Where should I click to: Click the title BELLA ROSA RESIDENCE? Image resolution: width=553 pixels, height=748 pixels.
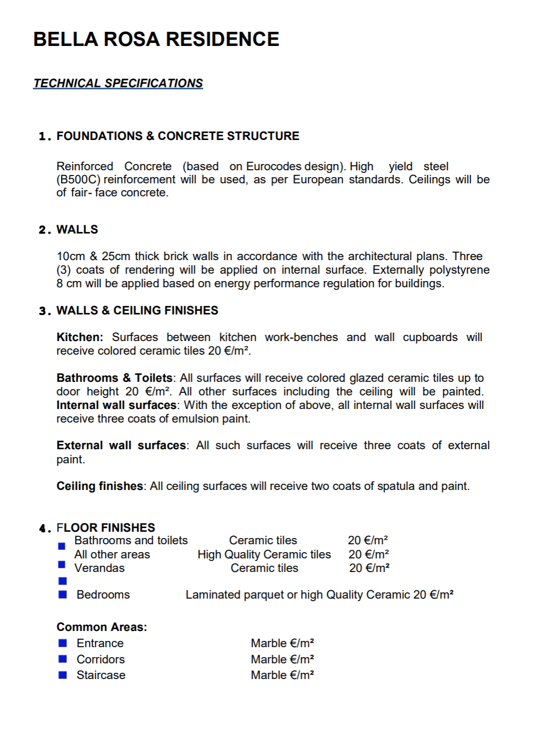[156, 40]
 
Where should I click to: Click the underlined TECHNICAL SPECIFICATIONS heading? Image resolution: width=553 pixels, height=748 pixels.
[118, 84]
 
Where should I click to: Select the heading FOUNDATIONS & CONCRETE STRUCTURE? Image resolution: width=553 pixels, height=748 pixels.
[177, 136]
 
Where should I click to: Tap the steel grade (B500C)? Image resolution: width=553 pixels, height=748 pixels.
[78, 180]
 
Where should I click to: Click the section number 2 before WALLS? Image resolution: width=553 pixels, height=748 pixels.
[43, 230]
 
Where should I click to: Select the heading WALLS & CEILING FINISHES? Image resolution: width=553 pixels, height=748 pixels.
[137, 311]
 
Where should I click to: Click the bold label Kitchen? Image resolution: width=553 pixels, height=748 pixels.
[80, 337]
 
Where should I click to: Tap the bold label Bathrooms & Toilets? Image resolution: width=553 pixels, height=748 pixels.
[114, 378]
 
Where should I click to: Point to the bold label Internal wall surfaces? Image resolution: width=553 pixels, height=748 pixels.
[116, 405]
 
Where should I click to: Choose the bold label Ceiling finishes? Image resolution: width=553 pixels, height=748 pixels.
[100, 486]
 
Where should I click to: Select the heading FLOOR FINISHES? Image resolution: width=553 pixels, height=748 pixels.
[106, 528]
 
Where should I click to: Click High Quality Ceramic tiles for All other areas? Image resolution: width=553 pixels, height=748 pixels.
[264, 555]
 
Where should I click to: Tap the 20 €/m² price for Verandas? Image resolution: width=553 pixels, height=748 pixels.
[369, 568]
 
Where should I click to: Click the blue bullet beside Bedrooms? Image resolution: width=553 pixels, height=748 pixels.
[63, 594]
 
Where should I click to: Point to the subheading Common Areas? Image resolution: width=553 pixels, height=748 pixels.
[102, 627]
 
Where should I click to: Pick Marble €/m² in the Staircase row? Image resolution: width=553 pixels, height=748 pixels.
[282, 675]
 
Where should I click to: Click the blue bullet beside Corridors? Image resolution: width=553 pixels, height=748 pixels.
[63, 659]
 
